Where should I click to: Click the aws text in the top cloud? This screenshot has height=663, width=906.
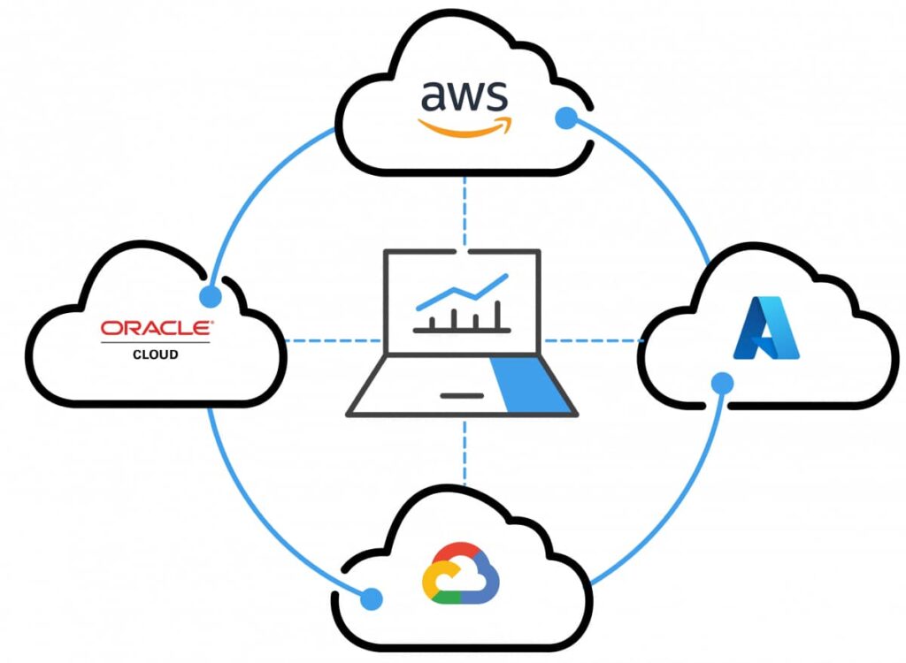tap(465, 95)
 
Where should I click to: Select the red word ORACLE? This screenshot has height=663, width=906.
tap(156, 328)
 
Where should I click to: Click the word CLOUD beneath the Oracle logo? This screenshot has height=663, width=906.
tap(156, 354)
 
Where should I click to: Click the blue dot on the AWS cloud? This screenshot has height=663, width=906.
tap(565, 118)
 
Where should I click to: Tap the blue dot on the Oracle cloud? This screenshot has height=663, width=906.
tap(211, 295)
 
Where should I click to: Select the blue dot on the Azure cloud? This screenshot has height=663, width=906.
tap(723, 383)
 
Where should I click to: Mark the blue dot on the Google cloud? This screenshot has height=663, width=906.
tap(372, 598)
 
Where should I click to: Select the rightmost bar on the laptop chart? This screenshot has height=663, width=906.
tap(497, 315)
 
